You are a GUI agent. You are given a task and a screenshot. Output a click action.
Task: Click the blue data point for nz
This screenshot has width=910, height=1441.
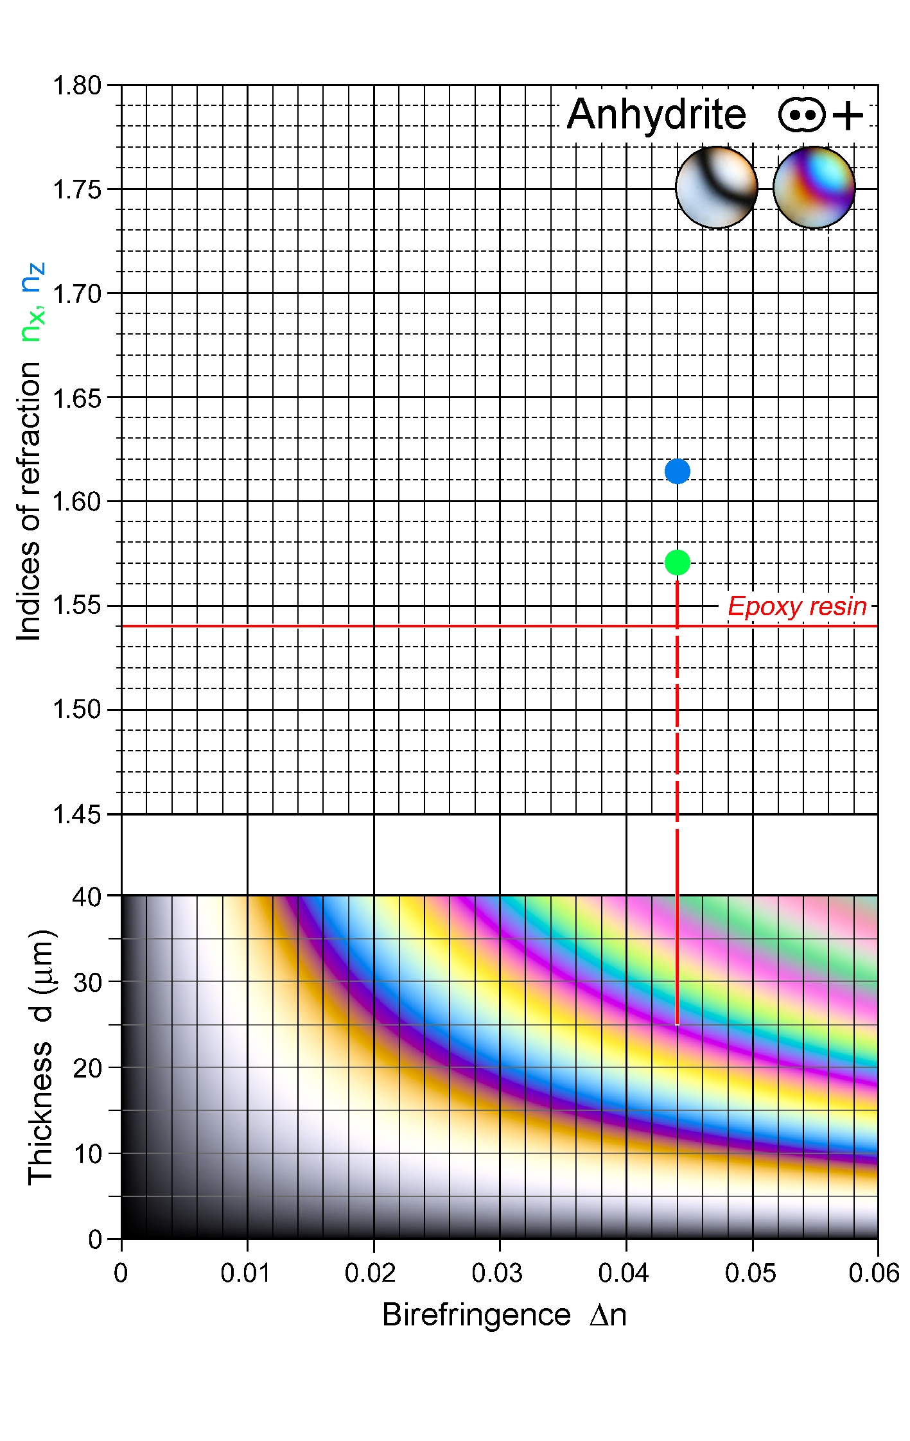coord(677,471)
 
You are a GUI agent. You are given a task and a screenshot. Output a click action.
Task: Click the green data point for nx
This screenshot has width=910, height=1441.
coord(677,563)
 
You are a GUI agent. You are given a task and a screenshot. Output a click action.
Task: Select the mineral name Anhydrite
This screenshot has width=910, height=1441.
coord(656,116)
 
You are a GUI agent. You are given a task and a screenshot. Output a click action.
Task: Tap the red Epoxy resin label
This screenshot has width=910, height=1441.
coord(797,606)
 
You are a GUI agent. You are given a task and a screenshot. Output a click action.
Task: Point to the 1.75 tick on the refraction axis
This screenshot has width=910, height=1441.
coord(77,189)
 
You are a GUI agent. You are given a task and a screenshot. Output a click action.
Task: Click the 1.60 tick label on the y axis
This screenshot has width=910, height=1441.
coord(77,502)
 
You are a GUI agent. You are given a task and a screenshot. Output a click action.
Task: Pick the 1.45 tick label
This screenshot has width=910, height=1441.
coord(77,814)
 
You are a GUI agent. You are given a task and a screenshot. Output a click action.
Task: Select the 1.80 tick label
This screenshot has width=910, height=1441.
coord(77,85)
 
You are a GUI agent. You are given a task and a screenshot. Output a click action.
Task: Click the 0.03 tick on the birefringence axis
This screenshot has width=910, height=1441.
coord(497,1273)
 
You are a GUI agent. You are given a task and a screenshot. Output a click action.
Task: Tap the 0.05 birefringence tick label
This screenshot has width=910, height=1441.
coord(750,1273)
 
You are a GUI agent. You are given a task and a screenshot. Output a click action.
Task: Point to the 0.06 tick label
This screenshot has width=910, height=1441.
coord(873,1273)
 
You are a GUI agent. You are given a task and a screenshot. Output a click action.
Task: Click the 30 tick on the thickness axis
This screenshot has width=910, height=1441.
coord(87,983)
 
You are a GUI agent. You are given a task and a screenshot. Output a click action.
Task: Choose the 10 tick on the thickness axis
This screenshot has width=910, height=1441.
coord(87,1154)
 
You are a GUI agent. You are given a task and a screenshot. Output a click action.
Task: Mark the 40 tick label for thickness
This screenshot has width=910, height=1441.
coord(87,896)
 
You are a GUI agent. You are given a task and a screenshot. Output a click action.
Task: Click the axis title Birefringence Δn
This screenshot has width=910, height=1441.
coord(504,1315)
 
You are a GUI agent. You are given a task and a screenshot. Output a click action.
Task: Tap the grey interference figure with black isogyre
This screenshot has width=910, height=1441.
coord(717,188)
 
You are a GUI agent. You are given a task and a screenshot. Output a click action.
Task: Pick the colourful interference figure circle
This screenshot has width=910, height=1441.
coord(814,188)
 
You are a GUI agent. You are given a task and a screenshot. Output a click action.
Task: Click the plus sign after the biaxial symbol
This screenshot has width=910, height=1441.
coord(848,116)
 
